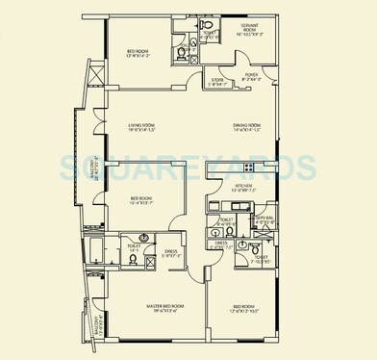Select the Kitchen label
[x=240, y=187]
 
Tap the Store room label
[x=219, y=81]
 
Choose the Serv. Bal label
[x=265, y=219]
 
